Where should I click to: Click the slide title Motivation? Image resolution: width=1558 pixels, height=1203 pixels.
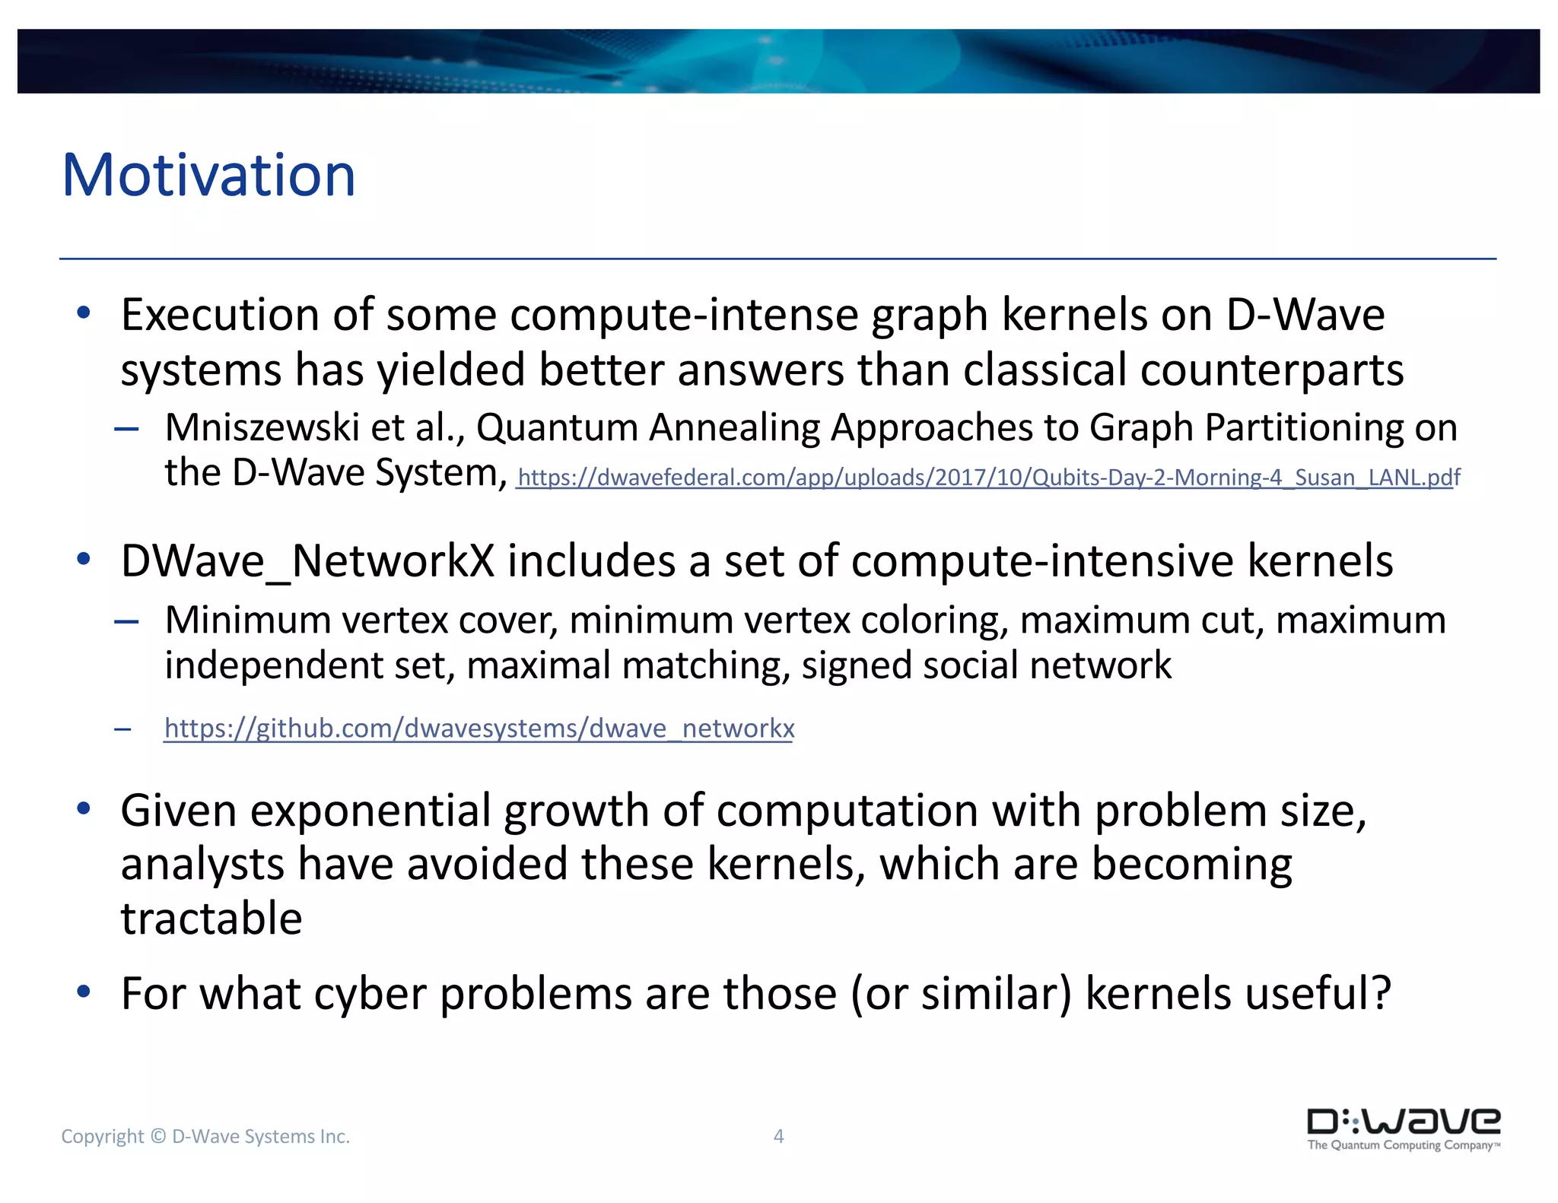coord(208,176)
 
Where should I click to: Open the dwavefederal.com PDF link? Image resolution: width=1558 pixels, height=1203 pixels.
coord(988,478)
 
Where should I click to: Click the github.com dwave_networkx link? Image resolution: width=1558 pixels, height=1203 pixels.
coord(479,728)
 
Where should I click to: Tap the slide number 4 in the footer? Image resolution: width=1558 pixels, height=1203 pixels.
coord(778,1136)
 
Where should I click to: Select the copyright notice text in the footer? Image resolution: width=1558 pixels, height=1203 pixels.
coord(205,1136)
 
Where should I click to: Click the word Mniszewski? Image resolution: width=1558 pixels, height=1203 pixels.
coord(262,427)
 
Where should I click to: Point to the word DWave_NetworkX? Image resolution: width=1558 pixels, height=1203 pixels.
coord(307,561)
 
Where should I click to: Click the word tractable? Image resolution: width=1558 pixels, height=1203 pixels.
coord(211,918)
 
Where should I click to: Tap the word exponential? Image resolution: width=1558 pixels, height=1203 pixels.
coord(370,811)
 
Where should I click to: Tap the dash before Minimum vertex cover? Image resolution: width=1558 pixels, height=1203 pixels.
coord(126,622)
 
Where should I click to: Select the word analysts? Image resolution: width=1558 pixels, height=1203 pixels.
coord(202,865)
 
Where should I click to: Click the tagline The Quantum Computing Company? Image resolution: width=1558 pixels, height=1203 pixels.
coord(1402,1145)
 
